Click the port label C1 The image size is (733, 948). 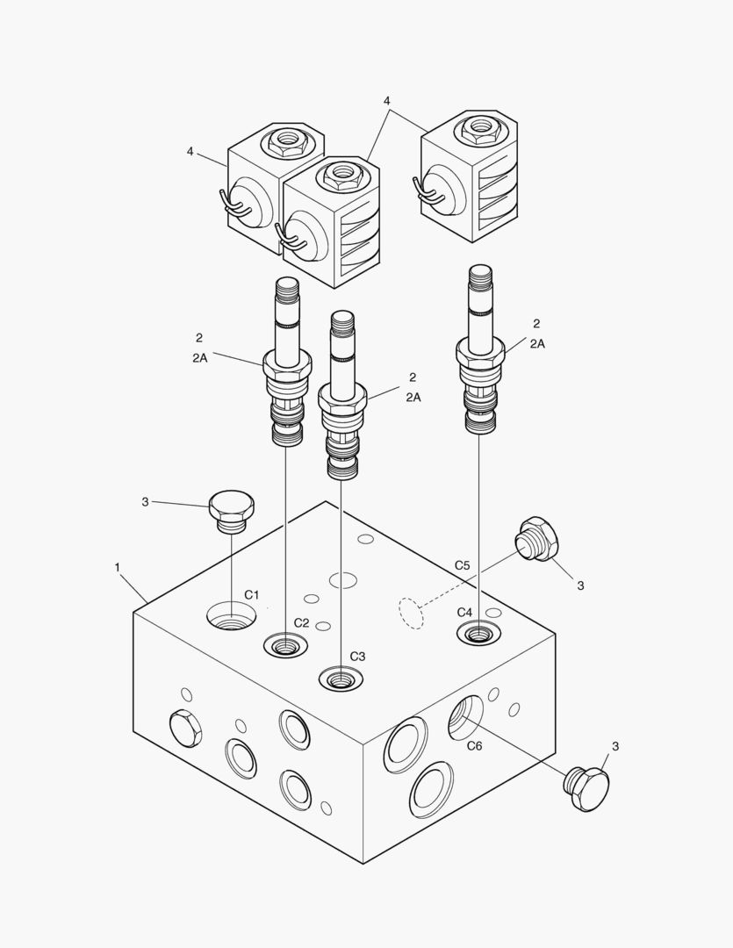point(252,595)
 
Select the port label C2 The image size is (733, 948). point(301,622)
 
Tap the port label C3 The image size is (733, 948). point(357,656)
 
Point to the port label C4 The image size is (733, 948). point(464,612)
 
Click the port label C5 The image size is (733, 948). point(462,565)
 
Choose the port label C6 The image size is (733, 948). point(474,746)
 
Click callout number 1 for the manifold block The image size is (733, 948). point(117,567)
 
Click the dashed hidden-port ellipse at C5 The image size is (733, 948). point(410,613)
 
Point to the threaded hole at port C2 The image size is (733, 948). point(285,647)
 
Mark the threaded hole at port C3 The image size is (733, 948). point(341,679)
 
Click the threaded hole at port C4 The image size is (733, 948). point(478,633)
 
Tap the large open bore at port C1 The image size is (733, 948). point(232,615)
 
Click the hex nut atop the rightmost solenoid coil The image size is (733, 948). point(479,128)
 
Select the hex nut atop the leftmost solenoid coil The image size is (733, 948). point(286,140)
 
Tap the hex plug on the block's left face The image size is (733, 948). point(184,726)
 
